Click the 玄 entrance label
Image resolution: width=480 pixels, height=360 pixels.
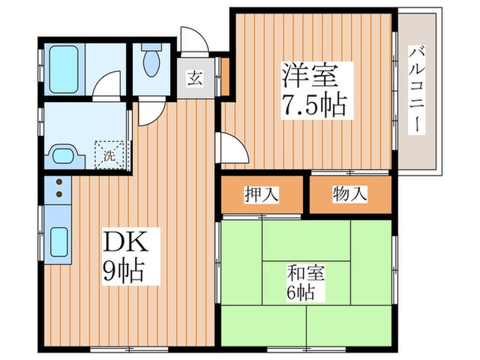(195, 77)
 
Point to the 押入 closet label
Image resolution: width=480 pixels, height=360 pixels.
(261, 195)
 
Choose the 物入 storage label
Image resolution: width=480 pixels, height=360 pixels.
(350, 195)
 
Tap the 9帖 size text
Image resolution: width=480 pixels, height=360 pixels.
(124, 270)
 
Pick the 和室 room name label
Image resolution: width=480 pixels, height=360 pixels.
(306, 273)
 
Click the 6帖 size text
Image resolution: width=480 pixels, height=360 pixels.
(302, 293)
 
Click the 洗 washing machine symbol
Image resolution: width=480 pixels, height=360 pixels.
(109, 154)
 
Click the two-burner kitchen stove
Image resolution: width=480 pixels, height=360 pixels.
(58, 188)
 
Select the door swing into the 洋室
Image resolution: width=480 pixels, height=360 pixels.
(230, 147)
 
